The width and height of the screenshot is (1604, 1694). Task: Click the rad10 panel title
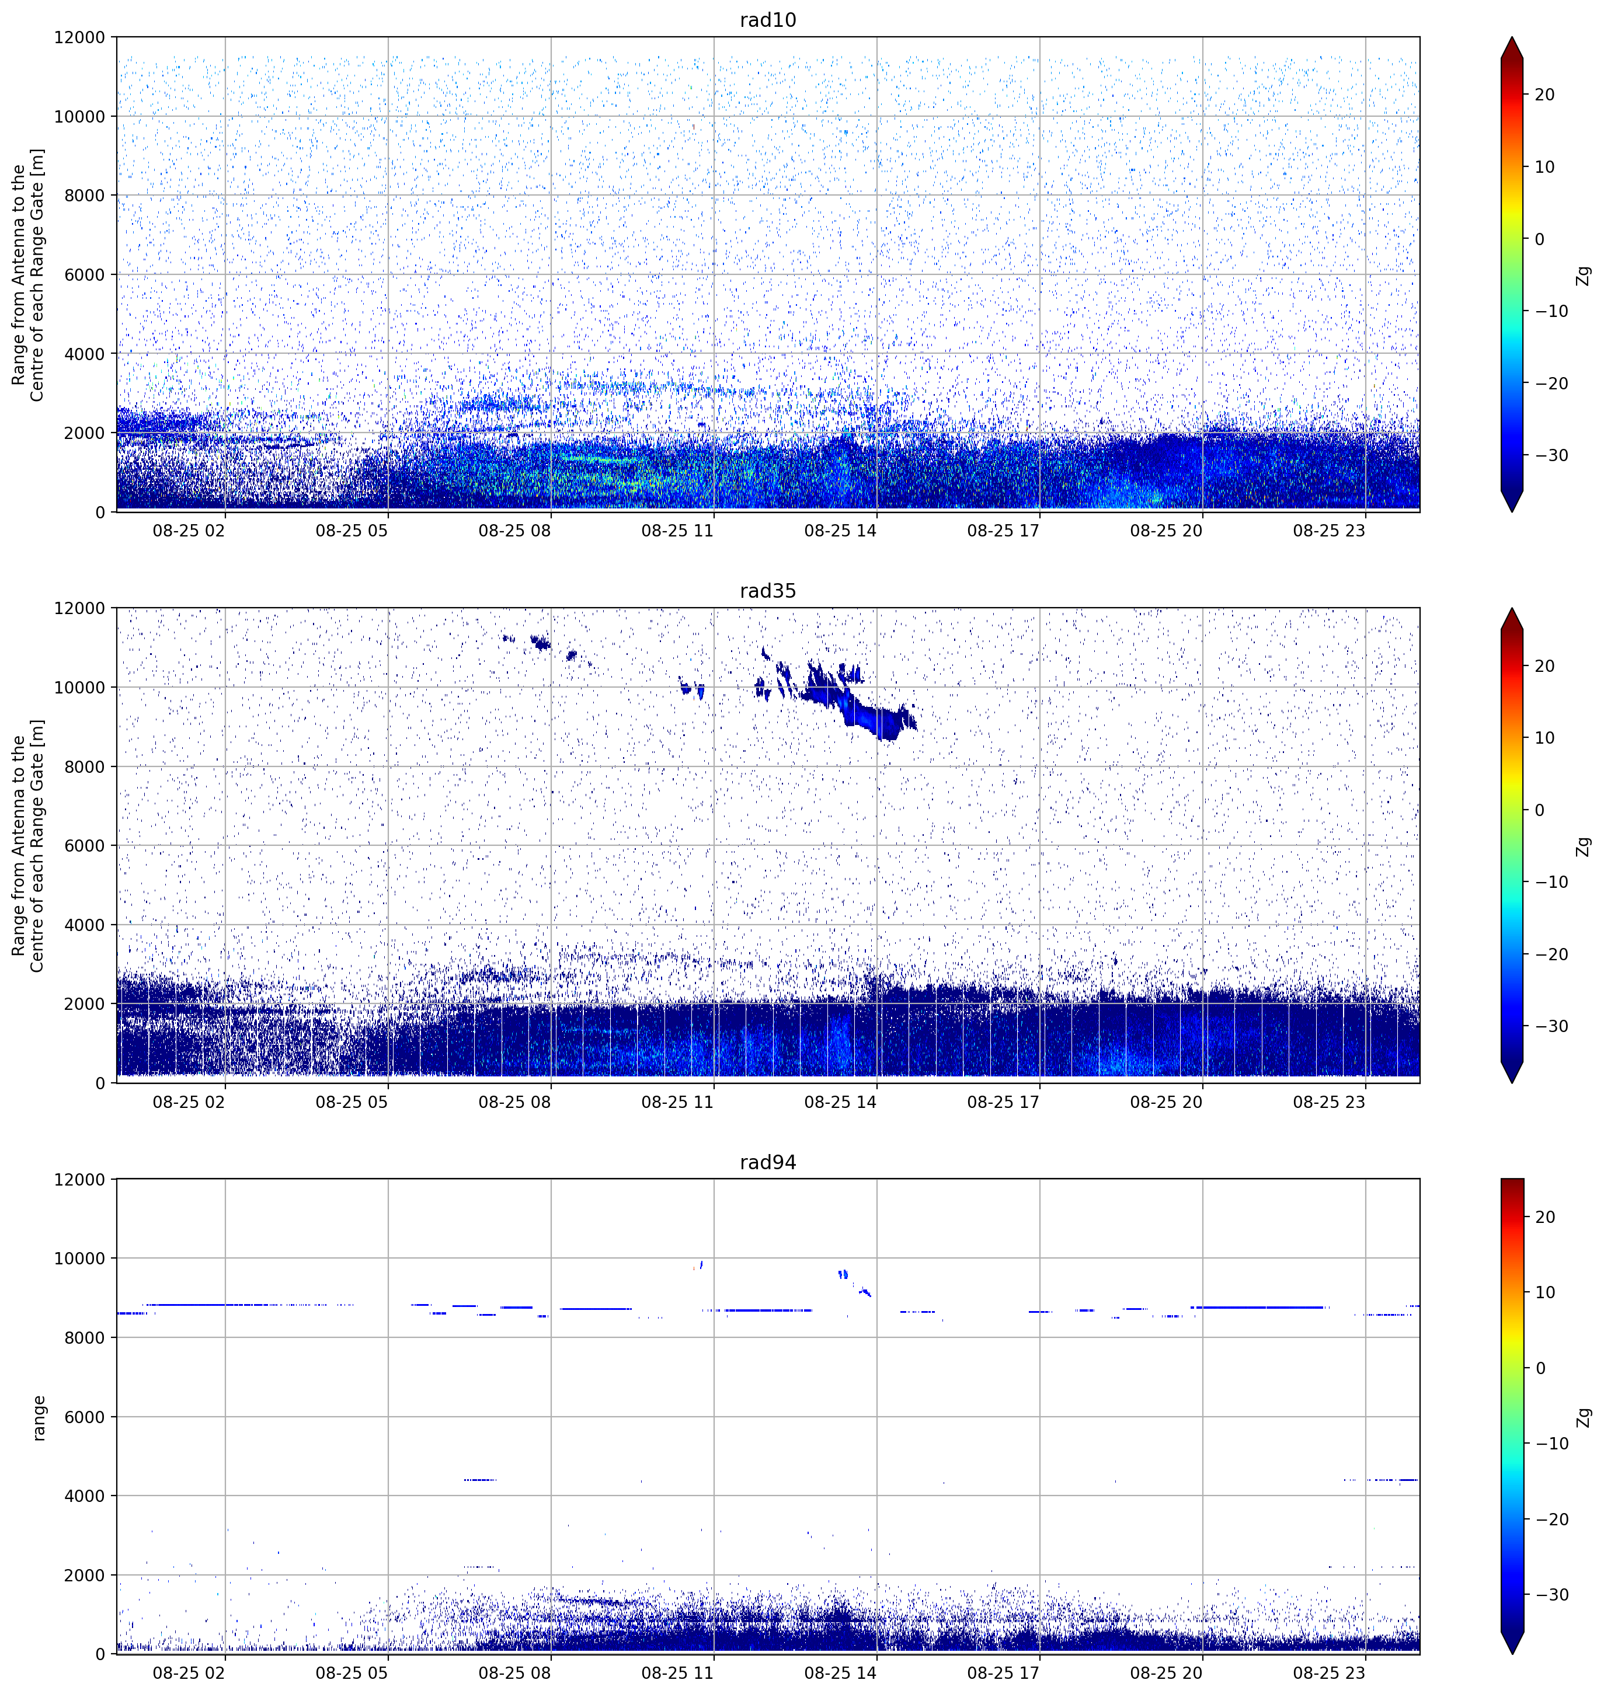768,20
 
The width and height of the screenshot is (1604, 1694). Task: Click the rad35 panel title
768,591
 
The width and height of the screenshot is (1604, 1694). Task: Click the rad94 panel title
768,1162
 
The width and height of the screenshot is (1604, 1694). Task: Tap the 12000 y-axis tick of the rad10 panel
79,37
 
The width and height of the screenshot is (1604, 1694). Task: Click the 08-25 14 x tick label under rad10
840,531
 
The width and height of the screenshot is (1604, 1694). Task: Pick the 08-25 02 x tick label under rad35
189,1102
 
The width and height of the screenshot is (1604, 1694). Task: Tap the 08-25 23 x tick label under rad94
1329,1672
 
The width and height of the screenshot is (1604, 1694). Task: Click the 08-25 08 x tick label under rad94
515,1672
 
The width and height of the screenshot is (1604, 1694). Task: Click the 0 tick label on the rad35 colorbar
1540,810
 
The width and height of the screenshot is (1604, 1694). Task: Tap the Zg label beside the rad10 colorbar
1584,275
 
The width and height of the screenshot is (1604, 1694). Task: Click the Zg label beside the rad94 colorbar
1584,1418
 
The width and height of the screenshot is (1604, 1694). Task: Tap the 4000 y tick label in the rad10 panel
85,354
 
